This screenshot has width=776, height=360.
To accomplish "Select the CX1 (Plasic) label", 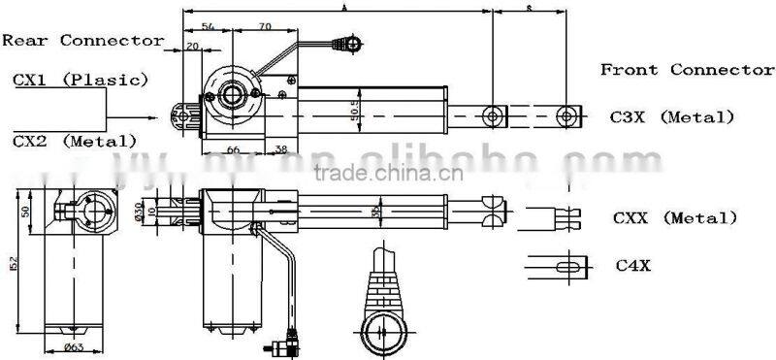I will pos(81,79).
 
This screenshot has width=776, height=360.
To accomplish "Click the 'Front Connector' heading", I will pos(687,70).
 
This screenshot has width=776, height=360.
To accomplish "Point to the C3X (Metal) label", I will pos(672,116).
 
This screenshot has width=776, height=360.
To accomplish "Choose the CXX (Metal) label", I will pos(675,217).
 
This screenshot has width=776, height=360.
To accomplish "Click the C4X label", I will pos(632,263).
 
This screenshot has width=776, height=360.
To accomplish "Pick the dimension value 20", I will pos(191,47).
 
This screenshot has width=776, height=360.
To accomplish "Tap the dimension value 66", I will pos(234,149).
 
